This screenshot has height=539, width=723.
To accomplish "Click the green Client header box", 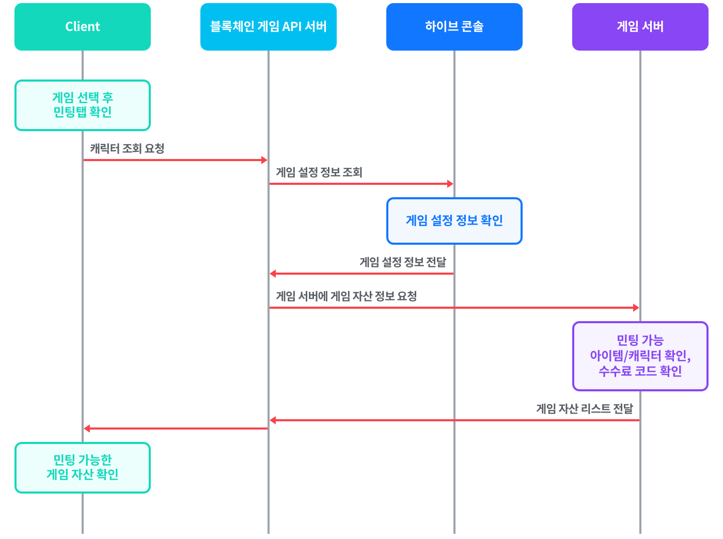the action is coord(82,27).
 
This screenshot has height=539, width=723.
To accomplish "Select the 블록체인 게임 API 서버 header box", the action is coord(268,27).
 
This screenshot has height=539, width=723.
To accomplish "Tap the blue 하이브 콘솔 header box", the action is coord(454,27).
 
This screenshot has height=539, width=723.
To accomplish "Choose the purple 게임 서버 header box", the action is coord(640,27).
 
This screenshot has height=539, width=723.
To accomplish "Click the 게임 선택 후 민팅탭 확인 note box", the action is coord(82,105).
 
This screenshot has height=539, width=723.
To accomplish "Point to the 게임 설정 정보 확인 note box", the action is coord(454,220).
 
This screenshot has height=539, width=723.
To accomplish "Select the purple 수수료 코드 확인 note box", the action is coord(640,356).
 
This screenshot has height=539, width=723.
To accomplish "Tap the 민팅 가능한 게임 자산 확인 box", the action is coord(82,467).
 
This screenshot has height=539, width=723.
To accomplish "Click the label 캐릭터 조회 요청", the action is coord(127,148).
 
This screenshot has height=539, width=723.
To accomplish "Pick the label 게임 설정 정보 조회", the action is coord(319,172).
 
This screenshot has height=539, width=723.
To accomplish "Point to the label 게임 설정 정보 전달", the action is coord(402,262).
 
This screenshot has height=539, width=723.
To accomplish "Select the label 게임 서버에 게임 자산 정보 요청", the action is coord(346,296).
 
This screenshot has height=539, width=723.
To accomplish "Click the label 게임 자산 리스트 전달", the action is coord(584,408).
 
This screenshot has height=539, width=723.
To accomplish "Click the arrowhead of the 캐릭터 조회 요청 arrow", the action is coord(264,160).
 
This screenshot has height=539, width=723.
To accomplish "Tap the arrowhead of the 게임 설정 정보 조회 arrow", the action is coord(450,184).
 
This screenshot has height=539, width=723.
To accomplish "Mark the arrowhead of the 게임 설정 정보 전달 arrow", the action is coord(273,273).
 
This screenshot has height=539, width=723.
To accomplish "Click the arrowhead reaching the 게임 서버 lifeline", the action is coord(636,308).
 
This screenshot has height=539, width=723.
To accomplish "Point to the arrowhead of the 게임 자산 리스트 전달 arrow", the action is coord(273,420).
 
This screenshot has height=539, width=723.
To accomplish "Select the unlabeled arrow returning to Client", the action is coord(176,429).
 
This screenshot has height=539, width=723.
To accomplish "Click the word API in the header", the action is coord(292,26).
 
